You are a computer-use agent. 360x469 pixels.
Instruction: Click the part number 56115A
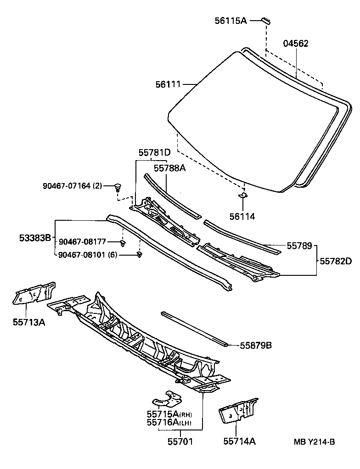(231, 21)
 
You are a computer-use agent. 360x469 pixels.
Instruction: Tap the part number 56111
(168, 84)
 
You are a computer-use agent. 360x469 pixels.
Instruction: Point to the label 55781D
(155, 152)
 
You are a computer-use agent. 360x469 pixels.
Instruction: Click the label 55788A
(169, 168)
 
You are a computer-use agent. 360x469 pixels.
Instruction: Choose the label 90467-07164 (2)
(73, 186)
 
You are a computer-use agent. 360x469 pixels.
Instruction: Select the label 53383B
(35, 238)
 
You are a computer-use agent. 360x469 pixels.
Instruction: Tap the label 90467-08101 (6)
(87, 255)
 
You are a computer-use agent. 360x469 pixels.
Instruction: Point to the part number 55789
(299, 246)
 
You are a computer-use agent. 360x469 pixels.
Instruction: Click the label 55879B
(256, 345)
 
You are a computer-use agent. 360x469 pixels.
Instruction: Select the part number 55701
(180, 441)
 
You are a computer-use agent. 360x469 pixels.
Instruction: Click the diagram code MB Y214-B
(315, 442)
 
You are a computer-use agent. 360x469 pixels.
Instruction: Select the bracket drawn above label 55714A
(238, 411)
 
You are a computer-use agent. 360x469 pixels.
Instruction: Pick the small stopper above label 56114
(243, 196)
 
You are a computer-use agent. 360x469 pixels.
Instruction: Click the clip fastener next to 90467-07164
(119, 186)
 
